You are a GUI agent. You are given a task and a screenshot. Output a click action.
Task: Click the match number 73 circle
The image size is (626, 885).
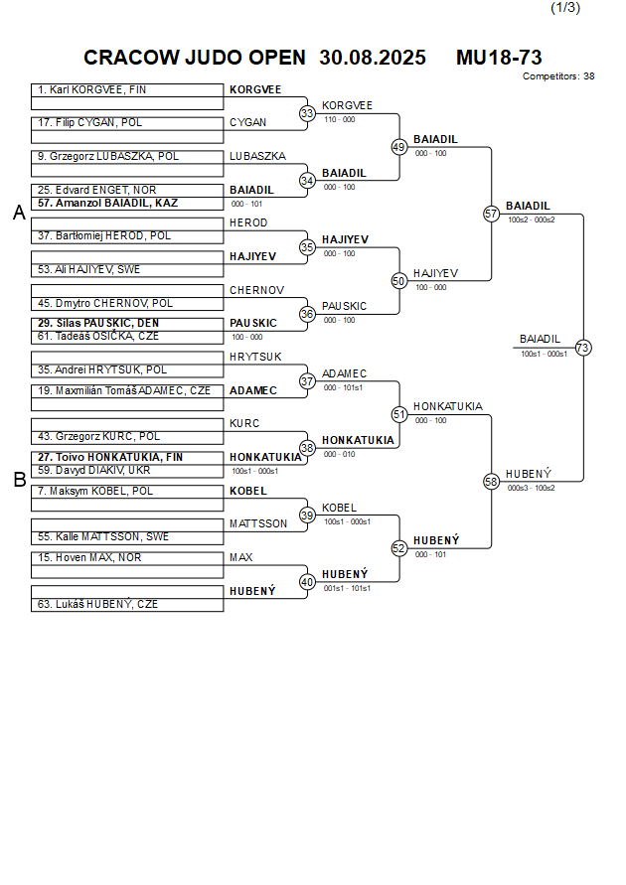point(583,348)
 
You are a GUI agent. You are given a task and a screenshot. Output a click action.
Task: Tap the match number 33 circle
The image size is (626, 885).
point(308,114)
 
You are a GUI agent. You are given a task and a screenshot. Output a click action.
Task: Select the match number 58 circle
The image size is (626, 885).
point(491,481)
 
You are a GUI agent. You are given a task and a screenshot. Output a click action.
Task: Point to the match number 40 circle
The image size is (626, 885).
point(308,582)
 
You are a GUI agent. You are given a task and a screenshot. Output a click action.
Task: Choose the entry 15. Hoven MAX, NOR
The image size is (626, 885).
point(89,558)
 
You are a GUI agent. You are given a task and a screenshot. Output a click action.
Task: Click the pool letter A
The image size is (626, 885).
point(19,213)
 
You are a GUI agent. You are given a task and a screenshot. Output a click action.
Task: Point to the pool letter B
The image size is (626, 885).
point(19,480)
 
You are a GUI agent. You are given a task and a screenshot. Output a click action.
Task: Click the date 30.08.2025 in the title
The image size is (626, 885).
point(373,58)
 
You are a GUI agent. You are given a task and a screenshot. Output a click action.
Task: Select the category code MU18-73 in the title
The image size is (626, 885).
point(499,58)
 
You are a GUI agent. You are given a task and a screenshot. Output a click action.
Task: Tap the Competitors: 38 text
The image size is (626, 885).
point(558,76)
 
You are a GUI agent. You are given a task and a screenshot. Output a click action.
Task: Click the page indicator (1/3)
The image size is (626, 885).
point(565,8)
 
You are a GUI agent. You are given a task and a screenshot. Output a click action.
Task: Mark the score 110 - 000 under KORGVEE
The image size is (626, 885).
point(340,119)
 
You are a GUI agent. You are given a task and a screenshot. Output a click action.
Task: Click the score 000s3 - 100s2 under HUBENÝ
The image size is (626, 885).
point(531,488)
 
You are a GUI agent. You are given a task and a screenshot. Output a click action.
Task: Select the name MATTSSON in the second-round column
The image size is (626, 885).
point(258,523)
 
